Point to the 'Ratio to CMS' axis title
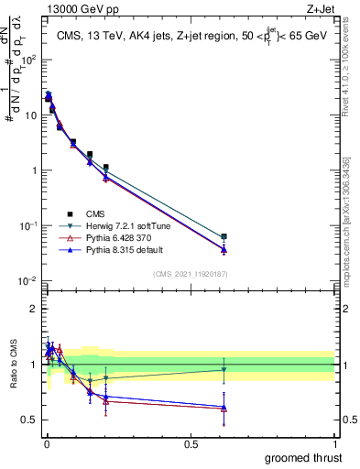pyautogui.click(x=12, y=365)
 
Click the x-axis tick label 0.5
pyautogui.click(x=191, y=443)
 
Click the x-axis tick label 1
pyautogui.click(x=335, y=443)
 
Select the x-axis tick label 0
pyautogui.click(x=46, y=443)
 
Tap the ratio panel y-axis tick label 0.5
pyautogui.click(x=29, y=420)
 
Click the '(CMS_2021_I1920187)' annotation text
pyautogui.click(x=190, y=273)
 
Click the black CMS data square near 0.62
pyautogui.click(x=224, y=236)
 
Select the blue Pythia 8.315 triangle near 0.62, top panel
pyautogui.click(x=224, y=249)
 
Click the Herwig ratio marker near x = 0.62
pyautogui.click(x=224, y=370)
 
